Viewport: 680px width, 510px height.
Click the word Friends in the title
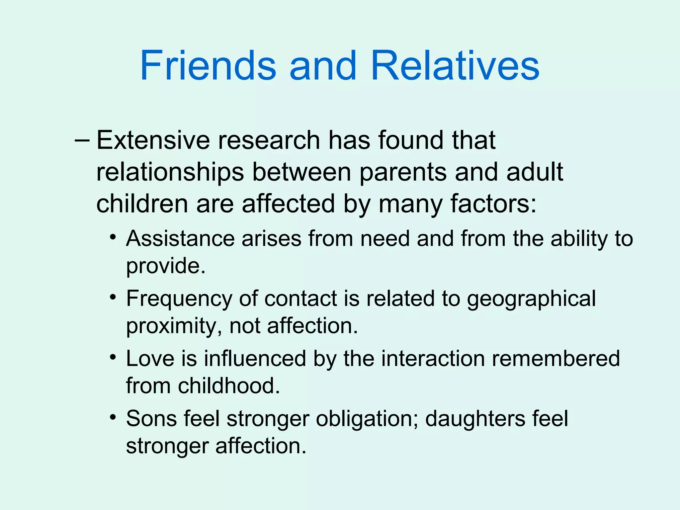point(208,65)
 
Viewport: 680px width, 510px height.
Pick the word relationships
point(170,172)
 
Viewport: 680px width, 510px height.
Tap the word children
point(142,204)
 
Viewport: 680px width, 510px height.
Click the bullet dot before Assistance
point(113,237)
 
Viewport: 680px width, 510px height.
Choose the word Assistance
point(180,238)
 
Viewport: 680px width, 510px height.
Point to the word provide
point(165,266)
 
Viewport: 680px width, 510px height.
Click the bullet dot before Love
point(113,357)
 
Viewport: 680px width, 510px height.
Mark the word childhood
point(229,385)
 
